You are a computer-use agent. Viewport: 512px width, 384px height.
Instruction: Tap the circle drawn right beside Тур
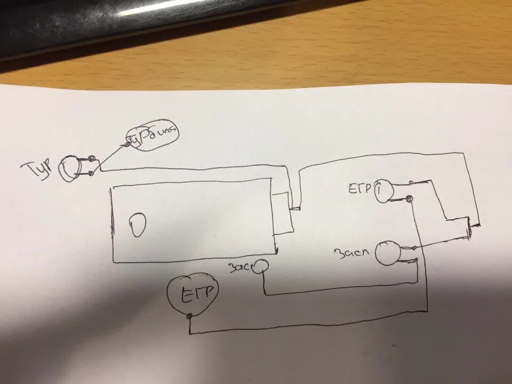69,169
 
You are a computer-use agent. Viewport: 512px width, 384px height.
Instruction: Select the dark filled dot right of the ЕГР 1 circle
409,199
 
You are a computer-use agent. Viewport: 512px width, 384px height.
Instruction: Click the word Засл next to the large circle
350,252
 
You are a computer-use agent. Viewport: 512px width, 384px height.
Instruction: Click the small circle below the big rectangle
261,266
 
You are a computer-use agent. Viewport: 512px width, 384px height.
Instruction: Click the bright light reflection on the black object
160,6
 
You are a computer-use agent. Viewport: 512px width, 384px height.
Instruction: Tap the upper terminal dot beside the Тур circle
92,158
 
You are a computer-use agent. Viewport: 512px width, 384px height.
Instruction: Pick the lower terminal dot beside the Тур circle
92,172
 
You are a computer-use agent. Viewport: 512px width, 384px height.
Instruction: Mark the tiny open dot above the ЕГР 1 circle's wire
411,182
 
